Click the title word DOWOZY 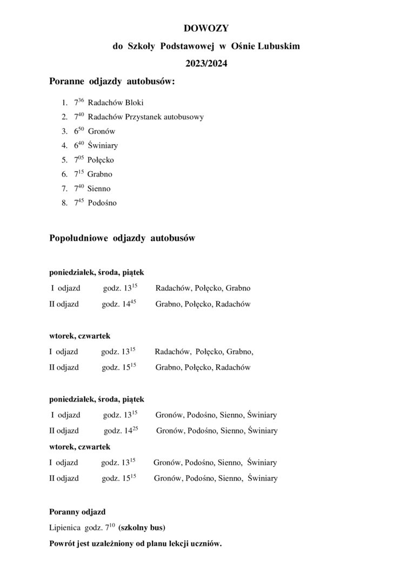pyautogui.click(x=206, y=28)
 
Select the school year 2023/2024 pyautogui.click(x=206, y=64)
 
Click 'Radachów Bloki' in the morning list pyautogui.click(x=115, y=102)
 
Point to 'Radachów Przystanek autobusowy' pyautogui.click(x=145, y=117)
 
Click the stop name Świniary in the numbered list pyautogui.click(x=103, y=146)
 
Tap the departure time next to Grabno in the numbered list pyautogui.click(x=79, y=174)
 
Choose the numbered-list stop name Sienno pyautogui.click(x=99, y=189)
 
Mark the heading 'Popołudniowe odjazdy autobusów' pyautogui.click(x=122, y=238)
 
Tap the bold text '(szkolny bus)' pyautogui.click(x=142, y=527)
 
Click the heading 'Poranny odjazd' pyautogui.click(x=77, y=512)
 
